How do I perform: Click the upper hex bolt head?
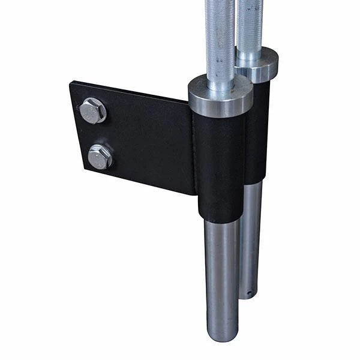(92, 110)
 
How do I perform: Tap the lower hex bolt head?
(100, 157)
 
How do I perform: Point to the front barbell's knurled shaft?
(219, 36)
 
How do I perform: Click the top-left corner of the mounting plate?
(71, 83)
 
